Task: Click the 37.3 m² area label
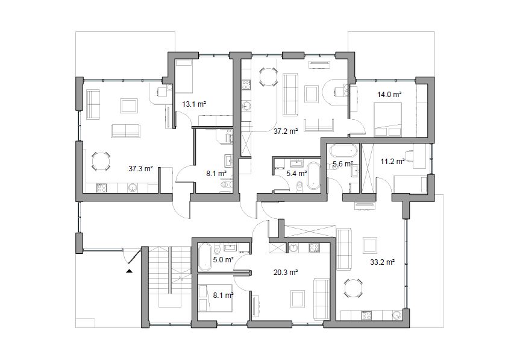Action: tap(140, 169)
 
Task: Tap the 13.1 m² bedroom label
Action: tap(194, 104)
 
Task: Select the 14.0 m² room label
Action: tap(389, 95)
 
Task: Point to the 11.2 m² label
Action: tap(393, 161)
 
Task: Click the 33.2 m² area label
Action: tap(383, 262)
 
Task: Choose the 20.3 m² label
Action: tap(286, 272)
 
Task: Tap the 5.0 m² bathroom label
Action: tap(223, 260)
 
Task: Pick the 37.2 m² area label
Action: tap(286, 131)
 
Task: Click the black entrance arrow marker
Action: tap(130, 270)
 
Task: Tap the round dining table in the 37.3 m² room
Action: tap(101, 161)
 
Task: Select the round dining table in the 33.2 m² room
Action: tap(353, 288)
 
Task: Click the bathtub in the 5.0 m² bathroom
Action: tap(205, 257)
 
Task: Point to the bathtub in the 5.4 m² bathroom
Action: tap(313, 175)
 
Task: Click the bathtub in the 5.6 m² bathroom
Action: tap(344, 151)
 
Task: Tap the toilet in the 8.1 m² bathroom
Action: tap(226, 185)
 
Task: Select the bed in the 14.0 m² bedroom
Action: tap(387, 119)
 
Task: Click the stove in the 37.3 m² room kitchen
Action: tap(102, 188)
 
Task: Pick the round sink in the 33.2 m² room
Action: tap(397, 315)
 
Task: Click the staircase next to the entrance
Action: tap(169, 277)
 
